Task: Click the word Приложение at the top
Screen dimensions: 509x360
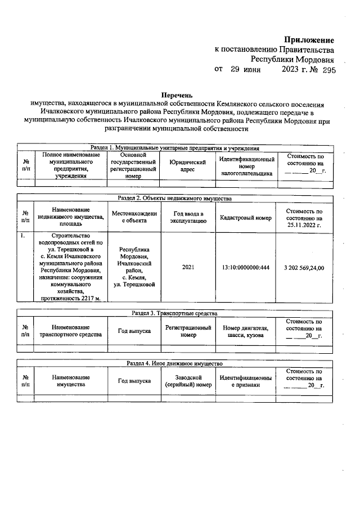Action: click(x=309, y=40)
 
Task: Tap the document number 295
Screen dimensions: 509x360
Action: click(x=325, y=71)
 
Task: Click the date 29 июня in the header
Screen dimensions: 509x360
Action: click(x=241, y=70)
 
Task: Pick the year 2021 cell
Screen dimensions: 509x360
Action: click(x=188, y=267)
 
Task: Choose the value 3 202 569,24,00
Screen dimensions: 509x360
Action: click(x=304, y=267)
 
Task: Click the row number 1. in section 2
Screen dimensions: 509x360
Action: click(x=23, y=236)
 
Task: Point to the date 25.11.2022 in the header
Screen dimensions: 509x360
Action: click(x=304, y=224)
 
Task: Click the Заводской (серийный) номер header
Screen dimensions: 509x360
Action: click(x=188, y=381)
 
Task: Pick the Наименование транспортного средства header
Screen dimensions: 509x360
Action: click(x=70, y=331)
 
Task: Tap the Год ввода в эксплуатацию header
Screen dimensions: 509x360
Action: click(x=188, y=218)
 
